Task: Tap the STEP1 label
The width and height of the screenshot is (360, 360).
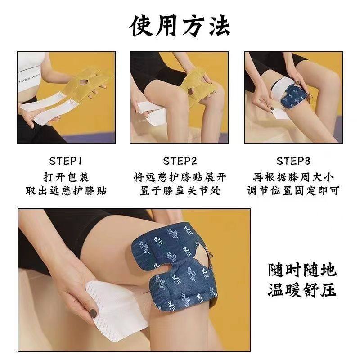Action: (66, 161)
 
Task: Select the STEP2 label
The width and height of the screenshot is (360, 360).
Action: (180, 161)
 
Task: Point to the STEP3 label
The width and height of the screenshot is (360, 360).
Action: (293, 161)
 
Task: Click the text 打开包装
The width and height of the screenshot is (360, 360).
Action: (66, 176)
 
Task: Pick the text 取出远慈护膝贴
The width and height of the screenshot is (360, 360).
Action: (66, 191)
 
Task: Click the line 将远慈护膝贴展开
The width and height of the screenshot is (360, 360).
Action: (180, 176)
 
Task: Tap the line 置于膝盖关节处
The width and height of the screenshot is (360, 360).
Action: (180, 191)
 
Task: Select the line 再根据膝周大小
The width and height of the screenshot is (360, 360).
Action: (293, 176)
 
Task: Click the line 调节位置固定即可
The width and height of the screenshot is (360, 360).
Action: (293, 191)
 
